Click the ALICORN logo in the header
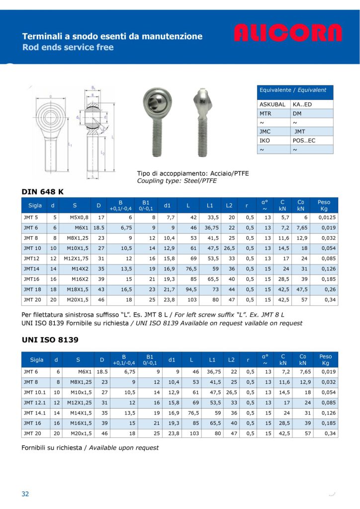click(288, 33)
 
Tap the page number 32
click(25, 494)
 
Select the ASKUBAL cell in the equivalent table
click(272, 104)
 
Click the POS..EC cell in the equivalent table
click(305, 141)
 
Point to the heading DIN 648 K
click(43, 191)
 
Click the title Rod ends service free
click(68, 48)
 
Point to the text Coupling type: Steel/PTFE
click(177, 180)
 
